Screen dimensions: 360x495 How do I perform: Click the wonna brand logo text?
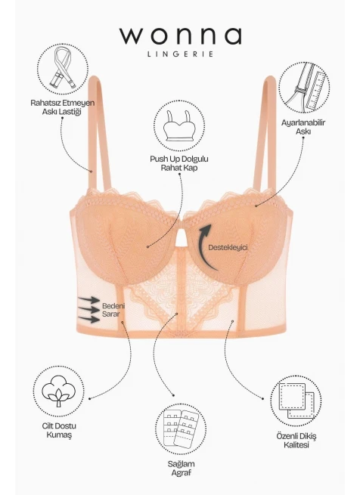click(181, 36)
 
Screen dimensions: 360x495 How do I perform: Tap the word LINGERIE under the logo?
click(181, 54)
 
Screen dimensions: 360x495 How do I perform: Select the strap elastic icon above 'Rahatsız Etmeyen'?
click(63, 68)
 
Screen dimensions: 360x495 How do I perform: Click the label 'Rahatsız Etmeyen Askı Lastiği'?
click(63, 107)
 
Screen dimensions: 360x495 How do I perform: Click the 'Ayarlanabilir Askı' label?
click(303, 127)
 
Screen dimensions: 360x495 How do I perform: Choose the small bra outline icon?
click(179, 126)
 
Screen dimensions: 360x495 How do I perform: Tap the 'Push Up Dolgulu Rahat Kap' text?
click(179, 163)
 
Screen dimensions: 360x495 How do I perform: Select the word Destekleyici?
click(228, 248)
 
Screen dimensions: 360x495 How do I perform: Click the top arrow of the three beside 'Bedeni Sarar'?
click(89, 299)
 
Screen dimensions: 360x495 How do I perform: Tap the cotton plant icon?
click(58, 391)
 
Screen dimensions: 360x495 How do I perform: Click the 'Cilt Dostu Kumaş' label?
click(59, 430)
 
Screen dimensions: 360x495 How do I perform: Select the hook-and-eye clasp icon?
click(180, 428)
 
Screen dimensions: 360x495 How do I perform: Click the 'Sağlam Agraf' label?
click(181, 468)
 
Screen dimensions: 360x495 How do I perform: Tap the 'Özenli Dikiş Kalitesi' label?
click(296, 441)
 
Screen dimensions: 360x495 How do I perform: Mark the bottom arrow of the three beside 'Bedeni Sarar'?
click(88, 319)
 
